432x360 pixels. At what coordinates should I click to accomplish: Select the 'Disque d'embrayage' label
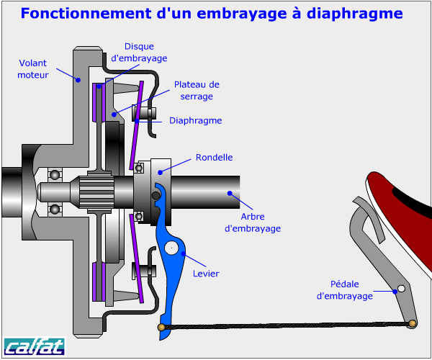(x=140, y=52)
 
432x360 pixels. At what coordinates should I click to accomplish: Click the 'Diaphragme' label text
(x=195, y=120)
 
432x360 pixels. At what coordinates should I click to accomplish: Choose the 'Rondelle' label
(x=215, y=157)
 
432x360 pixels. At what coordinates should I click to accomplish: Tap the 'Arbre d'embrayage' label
(x=253, y=222)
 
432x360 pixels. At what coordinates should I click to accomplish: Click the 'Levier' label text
(x=207, y=273)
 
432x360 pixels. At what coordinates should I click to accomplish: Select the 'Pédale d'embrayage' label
(x=345, y=289)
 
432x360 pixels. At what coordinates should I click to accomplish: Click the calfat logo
(x=34, y=346)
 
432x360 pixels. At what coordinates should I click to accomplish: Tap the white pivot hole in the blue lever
(x=171, y=248)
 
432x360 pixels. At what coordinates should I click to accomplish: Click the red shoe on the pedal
(x=403, y=202)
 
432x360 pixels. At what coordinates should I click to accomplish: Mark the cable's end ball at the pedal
(x=412, y=323)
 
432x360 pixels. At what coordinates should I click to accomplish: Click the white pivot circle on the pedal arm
(x=401, y=289)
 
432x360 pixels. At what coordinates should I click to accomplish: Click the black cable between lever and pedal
(x=288, y=326)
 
